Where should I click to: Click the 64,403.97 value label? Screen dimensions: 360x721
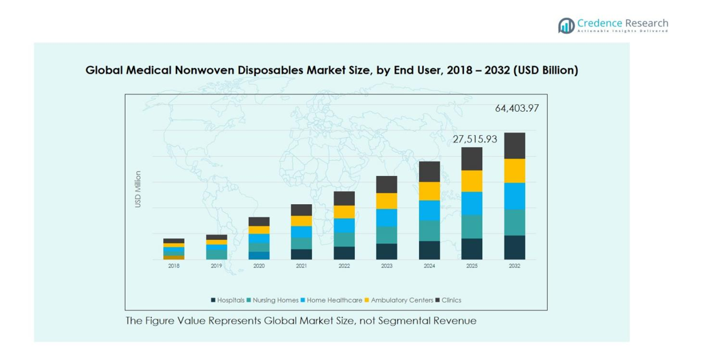coord(516,108)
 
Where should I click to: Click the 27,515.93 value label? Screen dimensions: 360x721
coord(475,139)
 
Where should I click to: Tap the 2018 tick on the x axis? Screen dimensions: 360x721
coord(174,266)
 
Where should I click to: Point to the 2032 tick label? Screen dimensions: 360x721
coord(514,266)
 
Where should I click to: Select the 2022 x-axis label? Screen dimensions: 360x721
coord(344,266)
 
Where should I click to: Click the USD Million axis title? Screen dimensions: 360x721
coord(138,189)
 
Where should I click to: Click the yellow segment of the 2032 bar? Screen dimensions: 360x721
coord(514,170)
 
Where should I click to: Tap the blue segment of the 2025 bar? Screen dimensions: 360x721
coord(472,204)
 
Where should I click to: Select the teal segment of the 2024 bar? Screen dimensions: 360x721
coord(430,231)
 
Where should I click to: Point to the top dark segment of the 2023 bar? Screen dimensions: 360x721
coord(387,184)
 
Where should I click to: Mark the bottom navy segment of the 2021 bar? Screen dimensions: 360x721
coord(301,254)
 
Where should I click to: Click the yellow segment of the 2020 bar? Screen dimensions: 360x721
coord(259,230)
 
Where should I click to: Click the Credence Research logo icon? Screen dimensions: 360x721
coord(566,26)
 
